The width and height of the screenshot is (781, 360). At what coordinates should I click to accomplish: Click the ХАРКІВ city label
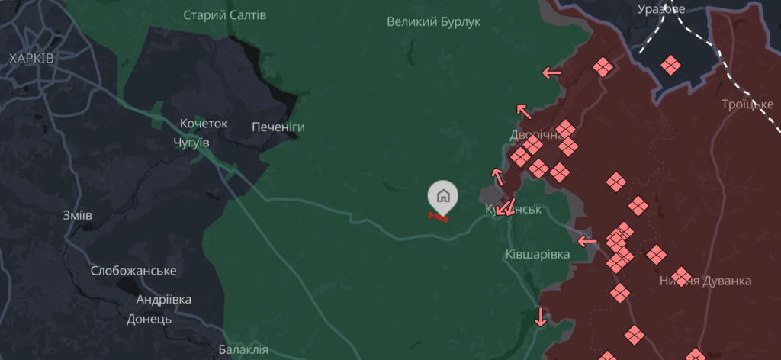pyautogui.click(x=31, y=58)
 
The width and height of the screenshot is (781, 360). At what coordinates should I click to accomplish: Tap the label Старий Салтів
pyautogui.click(x=225, y=14)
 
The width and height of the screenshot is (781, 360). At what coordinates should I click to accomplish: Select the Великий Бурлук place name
pyautogui.click(x=433, y=21)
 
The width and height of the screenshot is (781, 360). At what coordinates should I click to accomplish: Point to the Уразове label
pyautogui.click(x=661, y=9)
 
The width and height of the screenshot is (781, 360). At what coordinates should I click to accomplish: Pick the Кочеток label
pyautogui.click(x=204, y=124)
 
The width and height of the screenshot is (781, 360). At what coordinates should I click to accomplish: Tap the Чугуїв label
pyautogui.click(x=191, y=143)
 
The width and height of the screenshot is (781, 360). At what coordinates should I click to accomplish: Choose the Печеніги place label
pyautogui.click(x=278, y=127)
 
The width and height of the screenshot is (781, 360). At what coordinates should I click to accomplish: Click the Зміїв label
pyautogui.click(x=78, y=215)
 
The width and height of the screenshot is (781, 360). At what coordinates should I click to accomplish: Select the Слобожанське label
pyautogui.click(x=133, y=271)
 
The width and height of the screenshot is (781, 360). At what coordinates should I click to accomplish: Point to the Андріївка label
pyautogui.click(x=164, y=300)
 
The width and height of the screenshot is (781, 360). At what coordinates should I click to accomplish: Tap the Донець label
pyautogui.click(x=149, y=319)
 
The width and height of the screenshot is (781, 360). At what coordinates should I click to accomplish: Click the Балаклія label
pyautogui.click(x=243, y=350)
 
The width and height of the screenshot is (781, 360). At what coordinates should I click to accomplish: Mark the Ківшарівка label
pyautogui.click(x=537, y=254)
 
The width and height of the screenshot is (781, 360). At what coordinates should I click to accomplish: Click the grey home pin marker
pyautogui.click(x=442, y=196)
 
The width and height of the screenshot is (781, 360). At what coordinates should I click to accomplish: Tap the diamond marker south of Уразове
pyautogui.click(x=670, y=65)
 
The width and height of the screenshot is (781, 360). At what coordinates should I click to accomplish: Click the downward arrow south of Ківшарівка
pyautogui.click(x=541, y=316)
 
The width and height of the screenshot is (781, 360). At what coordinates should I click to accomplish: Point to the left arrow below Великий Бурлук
pyautogui.click(x=551, y=73)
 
